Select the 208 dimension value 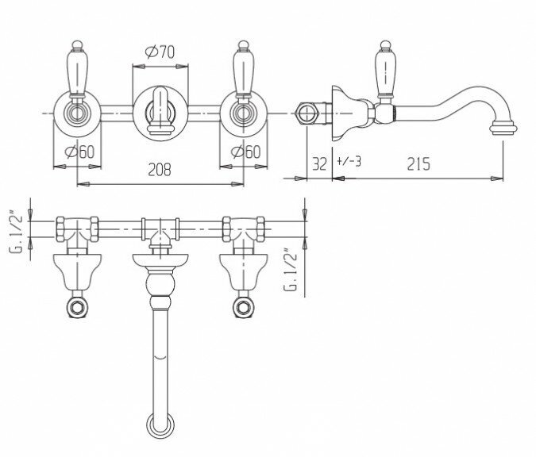click(x=160, y=168)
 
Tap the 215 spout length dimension click(x=418, y=164)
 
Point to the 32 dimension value click(x=319, y=164)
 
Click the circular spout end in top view click(x=160, y=424)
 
